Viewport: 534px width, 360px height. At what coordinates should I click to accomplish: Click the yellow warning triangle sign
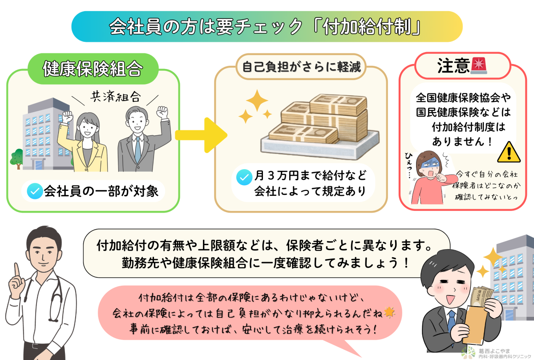508,152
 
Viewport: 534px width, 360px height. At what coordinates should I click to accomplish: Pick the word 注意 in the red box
453,67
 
